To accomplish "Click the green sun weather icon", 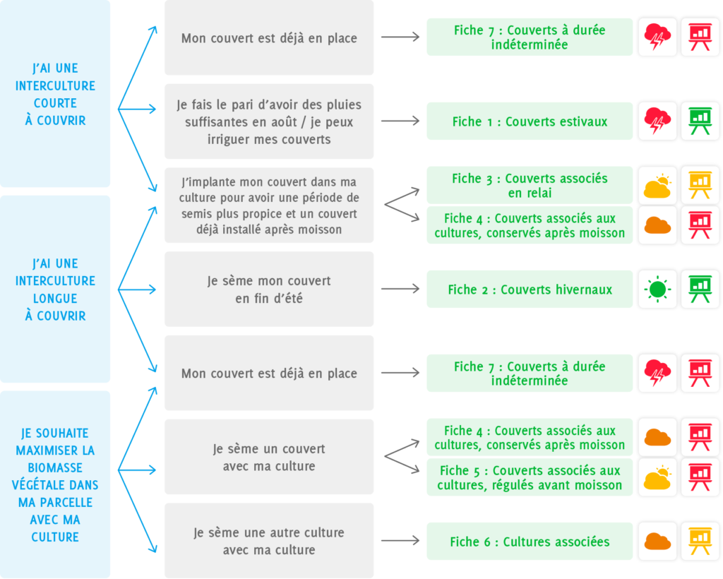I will pyautogui.click(x=657, y=289).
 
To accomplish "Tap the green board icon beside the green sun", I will pyautogui.click(x=700, y=289).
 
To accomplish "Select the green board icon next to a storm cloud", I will pyautogui.click(x=700, y=121).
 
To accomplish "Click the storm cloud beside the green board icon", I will pyautogui.click(x=657, y=121).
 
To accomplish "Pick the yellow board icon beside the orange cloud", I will pyautogui.click(x=700, y=541).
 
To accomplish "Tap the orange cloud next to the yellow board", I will pyautogui.click(x=657, y=541).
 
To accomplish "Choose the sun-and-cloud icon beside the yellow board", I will pyautogui.click(x=657, y=185).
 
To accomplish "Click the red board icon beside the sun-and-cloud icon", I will pyautogui.click(x=700, y=477).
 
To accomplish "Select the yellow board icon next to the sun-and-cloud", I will pyautogui.click(x=700, y=185).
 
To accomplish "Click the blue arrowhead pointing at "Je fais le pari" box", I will pyautogui.click(x=152, y=109).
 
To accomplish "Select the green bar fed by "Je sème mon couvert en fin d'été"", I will pyautogui.click(x=530, y=289).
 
